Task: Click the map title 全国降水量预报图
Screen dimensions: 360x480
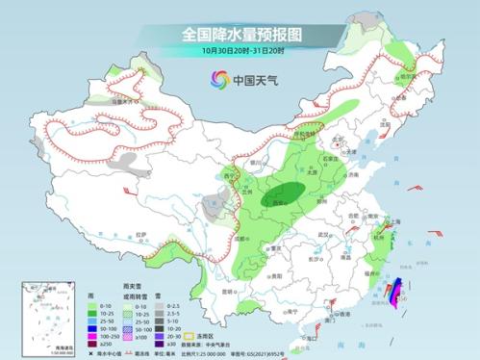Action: pyautogui.click(x=240, y=34)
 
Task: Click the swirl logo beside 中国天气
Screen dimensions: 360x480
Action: pyautogui.click(x=218, y=79)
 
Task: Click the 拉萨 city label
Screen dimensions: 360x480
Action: pyautogui.click(x=143, y=234)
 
